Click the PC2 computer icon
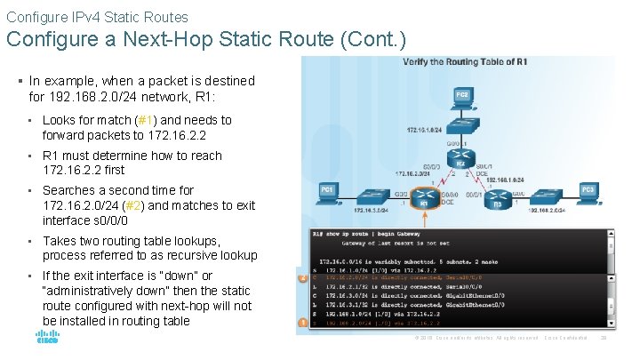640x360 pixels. click(x=462, y=96)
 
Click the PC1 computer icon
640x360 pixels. click(x=327, y=193)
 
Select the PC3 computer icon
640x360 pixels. click(x=588, y=193)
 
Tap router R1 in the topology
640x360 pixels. click(x=425, y=198)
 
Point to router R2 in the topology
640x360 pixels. click(x=460, y=160)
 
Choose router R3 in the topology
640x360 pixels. click(x=499, y=198)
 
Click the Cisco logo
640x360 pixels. click(x=46, y=339)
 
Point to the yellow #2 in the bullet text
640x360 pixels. click(x=144, y=205)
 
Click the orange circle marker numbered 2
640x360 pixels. click(x=303, y=277)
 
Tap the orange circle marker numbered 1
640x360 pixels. click(x=303, y=321)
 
